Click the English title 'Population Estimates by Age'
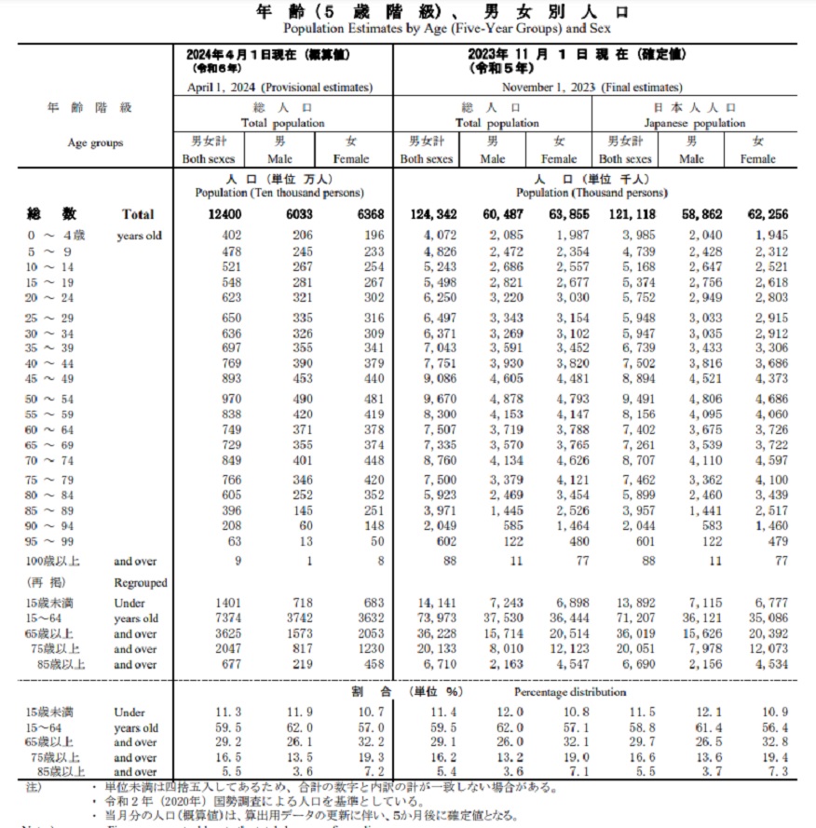(x=408, y=29)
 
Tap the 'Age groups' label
(x=95, y=143)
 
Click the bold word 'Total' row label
(x=138, y=215)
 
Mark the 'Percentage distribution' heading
(x=570, y=692)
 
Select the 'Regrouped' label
(x=141, y=582)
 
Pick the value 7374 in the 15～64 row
(x=215, y=618)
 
